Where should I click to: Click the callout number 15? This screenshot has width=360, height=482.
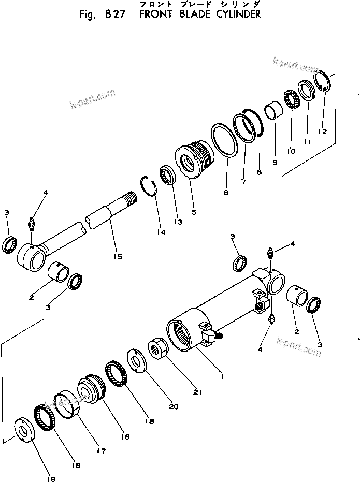(118, 257)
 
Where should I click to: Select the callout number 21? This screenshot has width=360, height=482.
(197, 392)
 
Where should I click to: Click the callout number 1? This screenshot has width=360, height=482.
(221, 377)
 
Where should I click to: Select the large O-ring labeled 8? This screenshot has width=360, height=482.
(225, 140)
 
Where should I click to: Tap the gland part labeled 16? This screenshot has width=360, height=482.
(91, 390)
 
